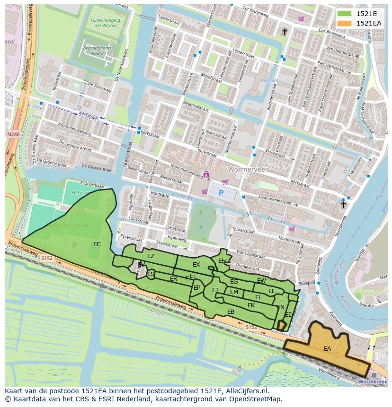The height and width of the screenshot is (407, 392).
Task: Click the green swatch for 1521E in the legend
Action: (x=345, y=14)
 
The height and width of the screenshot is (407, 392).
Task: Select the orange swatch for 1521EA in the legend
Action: (x=345, y=23)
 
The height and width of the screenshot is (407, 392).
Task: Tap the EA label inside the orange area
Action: (x=327, y=349)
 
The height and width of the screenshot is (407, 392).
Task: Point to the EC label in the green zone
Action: (x=97, y=244)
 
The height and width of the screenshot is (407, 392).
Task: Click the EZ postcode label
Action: (x=151, y=256)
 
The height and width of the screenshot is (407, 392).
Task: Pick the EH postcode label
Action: (x=222, y=260)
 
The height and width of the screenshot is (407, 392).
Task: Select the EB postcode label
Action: (x=231, y=312)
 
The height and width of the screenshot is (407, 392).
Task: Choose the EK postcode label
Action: (x=251, y=305)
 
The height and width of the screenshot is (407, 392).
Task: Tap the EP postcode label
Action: (x=197, y=287)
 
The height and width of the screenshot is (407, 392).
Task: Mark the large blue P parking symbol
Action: (x=221, y=193)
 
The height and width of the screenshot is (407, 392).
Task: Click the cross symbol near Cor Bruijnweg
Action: (x=285, y=32)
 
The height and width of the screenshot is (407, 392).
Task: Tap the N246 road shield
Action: (x=13, y=135)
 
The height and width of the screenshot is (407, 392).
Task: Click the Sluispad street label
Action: (x=307, y=283)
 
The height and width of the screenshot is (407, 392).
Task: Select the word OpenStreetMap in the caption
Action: (x=256, y=399)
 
